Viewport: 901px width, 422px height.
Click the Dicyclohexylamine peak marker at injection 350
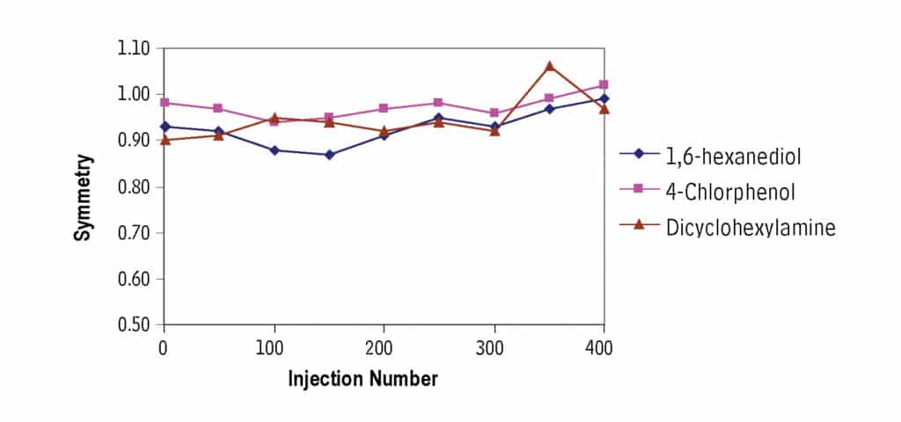pyautogui.click(x=549, y=66)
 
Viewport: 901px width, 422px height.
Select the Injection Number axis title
pyautogui.click(x=363, y=380)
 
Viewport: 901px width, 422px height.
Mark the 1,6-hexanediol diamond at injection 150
pyautogui.click(x=329, y=155)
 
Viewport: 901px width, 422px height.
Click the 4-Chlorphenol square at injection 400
pyautogui.click(x=604, y=85)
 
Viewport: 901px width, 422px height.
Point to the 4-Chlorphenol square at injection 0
pyautogui.click(x=165, y=103)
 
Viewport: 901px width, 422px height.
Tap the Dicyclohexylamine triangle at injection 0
pyautogui.click(x=165, y=139)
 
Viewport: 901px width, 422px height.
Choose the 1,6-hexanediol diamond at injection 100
pyautogui.click(x=275, y=150)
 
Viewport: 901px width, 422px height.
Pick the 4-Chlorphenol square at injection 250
pyautogui.click(x=439, y=103)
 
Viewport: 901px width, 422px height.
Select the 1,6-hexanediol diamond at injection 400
pyautogui.click(x=604, y=98)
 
